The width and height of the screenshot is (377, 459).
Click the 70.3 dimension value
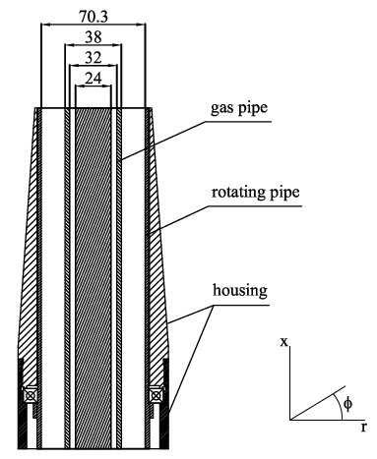coord(94,15)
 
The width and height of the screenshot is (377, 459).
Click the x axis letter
coord(283,342)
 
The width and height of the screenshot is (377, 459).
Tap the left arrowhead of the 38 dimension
coord(65,45)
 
